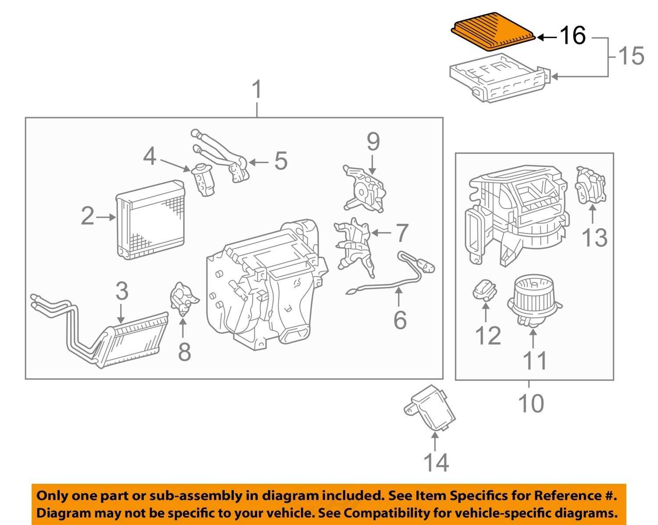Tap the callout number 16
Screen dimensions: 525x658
pos(572,35)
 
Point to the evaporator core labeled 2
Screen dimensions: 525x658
pos(150,219)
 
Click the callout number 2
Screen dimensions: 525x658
pos(87,216)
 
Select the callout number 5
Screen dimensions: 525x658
pos(281,161)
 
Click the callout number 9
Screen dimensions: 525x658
pos(372,142)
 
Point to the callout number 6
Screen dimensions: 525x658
pos(400,320)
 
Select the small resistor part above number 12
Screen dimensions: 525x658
pos(485,289)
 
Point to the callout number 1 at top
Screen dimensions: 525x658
pos(257,90)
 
